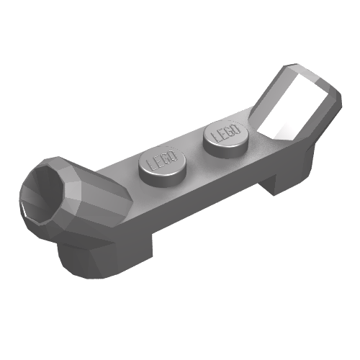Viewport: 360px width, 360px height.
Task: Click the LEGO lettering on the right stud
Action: click(225, 133)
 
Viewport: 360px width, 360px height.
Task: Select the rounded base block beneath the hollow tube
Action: click(79, 256)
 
